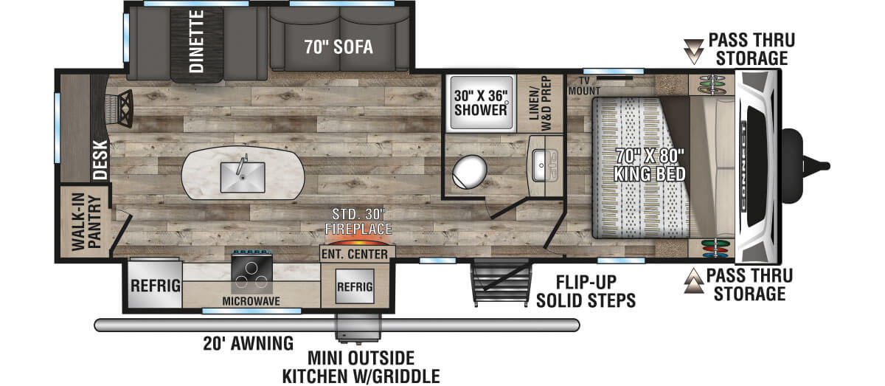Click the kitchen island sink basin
pyautogui.click(x=243, y=178)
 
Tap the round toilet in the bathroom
pyautogui.click(x=469, y=172)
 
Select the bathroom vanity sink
pyautogui.click(x=545, y=165)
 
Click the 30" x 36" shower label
pyautogui.click(x=480, y=103)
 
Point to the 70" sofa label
pyautogui.click(x=339, y=47)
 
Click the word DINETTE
pyautogui.click(x=196, y=41)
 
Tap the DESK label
pyautogui.click(x=100, y=159)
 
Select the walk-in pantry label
pyautogui.click(x=87, y=222)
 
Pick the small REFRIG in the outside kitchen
pyautogui.click(x=355, y=286)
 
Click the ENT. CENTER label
pyautogui.click(x=355, y=255)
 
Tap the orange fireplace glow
pyautogui.click(x=358, y=240)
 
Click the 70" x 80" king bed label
pyautogui.click(x=650, y=165)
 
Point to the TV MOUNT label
pyautogui.click(x=584, y=86)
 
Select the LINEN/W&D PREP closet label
pyautogui.click(x=540, y=103)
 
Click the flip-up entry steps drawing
pyautogui.click(x=501, y=282)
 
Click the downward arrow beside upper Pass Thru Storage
pyautogui.click(x=694, y=52)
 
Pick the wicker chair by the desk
pyautogui.click(x=119, y=108)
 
